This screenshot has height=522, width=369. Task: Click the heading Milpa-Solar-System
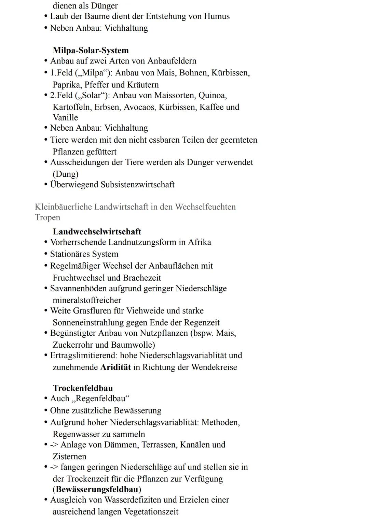[x=91, y=50]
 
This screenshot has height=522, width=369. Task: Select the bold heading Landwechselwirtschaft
[x=97, y=232]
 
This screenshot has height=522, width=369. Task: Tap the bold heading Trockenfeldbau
[x=83, y=388]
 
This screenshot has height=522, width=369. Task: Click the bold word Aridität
[x=115, y=367]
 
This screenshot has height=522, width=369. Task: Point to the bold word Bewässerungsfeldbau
[x=97, y=489]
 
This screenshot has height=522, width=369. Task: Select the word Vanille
[x=65, y=118]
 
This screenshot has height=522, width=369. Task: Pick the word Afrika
[x=200, y=242]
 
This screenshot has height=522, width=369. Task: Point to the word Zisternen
[x=69, y=456]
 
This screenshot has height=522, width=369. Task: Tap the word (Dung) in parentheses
[x=65, y=174]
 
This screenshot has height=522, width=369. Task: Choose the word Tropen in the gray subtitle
[x=47, y=217]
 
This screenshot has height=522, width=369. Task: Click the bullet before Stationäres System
[x=45, y=254]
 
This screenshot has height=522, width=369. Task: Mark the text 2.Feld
[x=61, y=95]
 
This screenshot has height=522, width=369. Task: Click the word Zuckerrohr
[x=72, y=345]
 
